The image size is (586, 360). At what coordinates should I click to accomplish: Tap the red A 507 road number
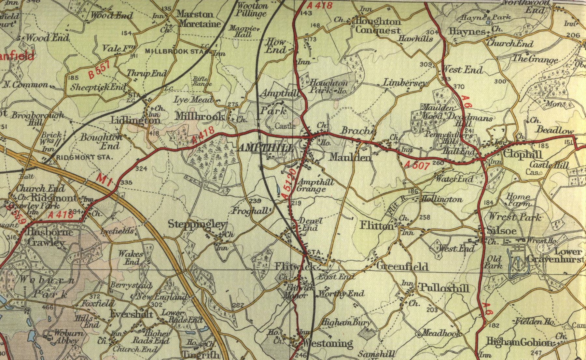click(417, 165)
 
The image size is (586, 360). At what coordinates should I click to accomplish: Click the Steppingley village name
click(197, 224)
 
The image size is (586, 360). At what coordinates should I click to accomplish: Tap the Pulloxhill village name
click(444, 288)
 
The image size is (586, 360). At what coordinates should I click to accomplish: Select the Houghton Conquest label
click(378, 26)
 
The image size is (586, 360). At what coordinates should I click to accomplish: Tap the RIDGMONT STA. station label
click(84, 157)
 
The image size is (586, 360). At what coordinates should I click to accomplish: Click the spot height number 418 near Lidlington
click(154, 133)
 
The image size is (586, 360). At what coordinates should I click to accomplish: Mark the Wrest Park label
click(514, 217)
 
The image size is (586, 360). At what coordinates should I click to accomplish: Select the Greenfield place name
click(402, 266)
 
